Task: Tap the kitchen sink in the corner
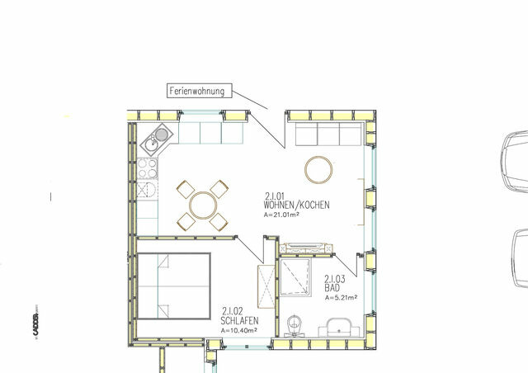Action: [x=159, y=139]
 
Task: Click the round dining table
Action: [x=203, y=204]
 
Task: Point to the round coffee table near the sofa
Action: [x=318, y=170]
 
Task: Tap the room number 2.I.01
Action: [x=276, y=196]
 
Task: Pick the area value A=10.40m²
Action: [x=238, y=330]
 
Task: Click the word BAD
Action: [x=332, y=286]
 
